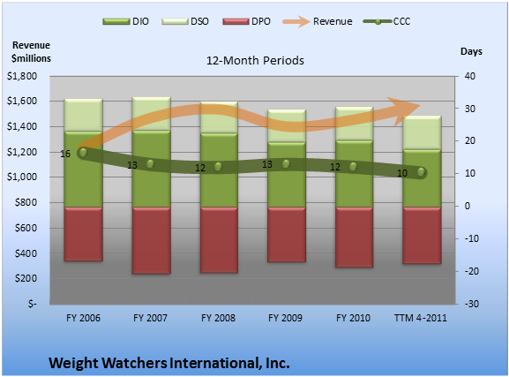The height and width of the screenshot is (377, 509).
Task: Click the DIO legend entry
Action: pyautogui.click(x=125, y=21)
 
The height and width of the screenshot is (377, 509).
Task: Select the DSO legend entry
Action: pyautogui.click(x=185, y=21)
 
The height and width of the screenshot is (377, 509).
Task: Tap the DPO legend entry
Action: pyautogui.click(x=246, y=21)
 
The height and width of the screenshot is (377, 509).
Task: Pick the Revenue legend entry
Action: pyautogui.click(x=318, y=21)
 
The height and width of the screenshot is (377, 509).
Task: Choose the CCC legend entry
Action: pyautogui.click(x=386, y=21)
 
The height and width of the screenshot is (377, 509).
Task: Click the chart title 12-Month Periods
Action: pyautogui.click(x=255, y=60)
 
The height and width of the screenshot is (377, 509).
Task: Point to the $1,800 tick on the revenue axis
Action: pyautogui.click(x=22, y=76)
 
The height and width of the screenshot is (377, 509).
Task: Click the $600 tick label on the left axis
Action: pyautogui.click(x=26, y=228)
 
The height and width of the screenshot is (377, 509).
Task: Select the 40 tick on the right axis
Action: pyautogui.click(x=470, y=76)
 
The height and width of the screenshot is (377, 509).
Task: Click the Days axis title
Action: pyautogui.click(x=471, y=51)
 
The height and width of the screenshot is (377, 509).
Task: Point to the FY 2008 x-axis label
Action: pyautogui.click(x=218, y=318)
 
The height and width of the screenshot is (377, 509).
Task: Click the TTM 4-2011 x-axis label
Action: pyautogui.click(x=421, y=318)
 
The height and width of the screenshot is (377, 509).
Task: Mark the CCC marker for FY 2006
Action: pyautogui.click(x=83, y=152)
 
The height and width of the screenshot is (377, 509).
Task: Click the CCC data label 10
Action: pyautogui.click(x=402, y=174)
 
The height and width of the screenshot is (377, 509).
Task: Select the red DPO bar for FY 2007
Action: pyautogui.click(x=151, y=240)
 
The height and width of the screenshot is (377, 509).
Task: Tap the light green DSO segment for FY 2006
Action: pyautogui.click(x=84, y=115)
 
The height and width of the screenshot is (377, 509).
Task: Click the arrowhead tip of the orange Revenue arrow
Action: pyautogui.click(x=421, y=105)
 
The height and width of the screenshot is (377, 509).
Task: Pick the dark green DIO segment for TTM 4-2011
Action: pyautogui.click(x=422, y=178)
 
